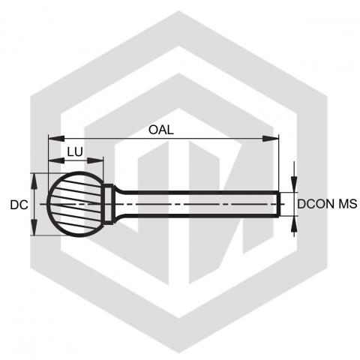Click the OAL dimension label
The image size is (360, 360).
[161, 130]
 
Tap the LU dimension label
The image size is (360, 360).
[75, 151]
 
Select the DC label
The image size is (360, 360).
[19, 205]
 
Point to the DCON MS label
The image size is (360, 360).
[327, 204]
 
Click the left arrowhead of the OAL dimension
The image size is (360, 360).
[56, 139]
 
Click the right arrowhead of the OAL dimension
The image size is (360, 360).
[271, 139]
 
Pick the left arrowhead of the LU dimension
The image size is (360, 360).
[56, 160]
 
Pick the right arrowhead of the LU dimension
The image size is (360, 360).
[95, 160]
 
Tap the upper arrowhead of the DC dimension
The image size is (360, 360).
[34, 181]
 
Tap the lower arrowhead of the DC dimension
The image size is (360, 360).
[34, 227]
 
